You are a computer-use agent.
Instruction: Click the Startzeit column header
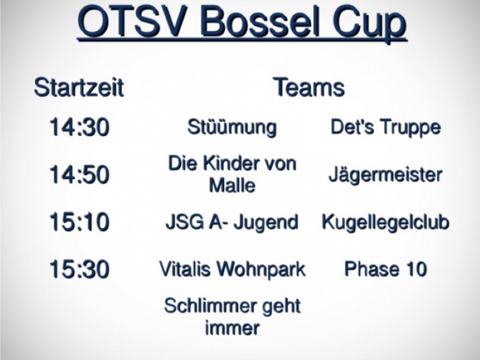tap(79, 87)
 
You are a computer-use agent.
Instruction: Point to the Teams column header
tap(309, 87)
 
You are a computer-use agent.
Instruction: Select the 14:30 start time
tap(79, 127)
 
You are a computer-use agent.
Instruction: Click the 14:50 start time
tap(79, 175)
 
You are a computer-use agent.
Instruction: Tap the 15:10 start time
tap(79, 222)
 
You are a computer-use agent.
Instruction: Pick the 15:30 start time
tap(79, 269)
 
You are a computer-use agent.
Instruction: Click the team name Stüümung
tap(232, 127)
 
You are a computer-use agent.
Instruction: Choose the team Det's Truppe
tap(386, 127)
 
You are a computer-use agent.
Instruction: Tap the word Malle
tap(232, 186)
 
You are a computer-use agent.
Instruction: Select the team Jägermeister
tap(386, 175)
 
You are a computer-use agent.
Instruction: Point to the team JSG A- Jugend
tap(232, 222)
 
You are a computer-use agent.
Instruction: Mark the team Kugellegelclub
tap(386, 222)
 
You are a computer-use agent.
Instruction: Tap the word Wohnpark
tap(261, 270)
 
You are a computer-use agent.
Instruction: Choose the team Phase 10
tap(386, 269)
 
